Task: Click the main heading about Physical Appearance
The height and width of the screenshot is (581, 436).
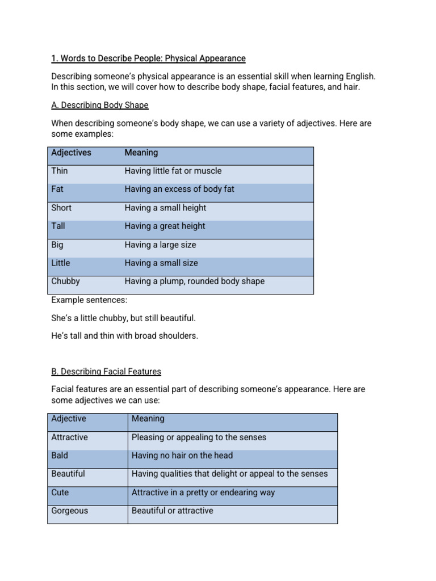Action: click(x=148, y=58)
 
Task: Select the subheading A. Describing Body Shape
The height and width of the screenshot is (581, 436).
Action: click(x=100, y=105)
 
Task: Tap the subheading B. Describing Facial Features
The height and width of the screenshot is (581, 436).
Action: click(x=106, y=371)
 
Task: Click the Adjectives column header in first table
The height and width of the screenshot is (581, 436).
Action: click(x=71, y=153)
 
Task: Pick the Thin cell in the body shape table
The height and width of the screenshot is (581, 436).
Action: click(x=59, y=171)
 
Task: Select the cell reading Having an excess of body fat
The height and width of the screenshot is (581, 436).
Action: click(x=179, y=189)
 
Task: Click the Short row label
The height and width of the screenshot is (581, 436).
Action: click(x=61, y=208)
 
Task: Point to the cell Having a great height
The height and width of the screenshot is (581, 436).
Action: click(x=165, y=226)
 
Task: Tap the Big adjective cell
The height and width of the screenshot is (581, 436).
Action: click(x=57, y=245)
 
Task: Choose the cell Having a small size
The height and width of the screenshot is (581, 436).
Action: click(x=161, y=263)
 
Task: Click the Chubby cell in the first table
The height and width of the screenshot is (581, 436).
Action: click(x=65, y=281)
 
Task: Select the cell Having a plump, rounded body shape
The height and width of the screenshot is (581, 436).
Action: click(x=194, y=281)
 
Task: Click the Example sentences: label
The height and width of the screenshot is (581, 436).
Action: click(x=89, y=300)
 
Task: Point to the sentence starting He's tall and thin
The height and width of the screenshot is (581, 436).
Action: click(x=124, y=335)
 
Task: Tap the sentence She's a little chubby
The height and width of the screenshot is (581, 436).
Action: click(x=123, y=318)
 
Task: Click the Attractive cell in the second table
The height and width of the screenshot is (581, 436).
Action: click(x=69, y=437)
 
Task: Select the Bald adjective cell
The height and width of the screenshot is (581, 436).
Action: click(x=60, y=455)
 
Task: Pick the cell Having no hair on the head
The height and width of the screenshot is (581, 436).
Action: click(x=182, y=455)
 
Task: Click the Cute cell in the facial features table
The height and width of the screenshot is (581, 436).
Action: click(x=60, y=492)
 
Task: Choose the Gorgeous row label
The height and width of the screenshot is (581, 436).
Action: click(x=70, y=511)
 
